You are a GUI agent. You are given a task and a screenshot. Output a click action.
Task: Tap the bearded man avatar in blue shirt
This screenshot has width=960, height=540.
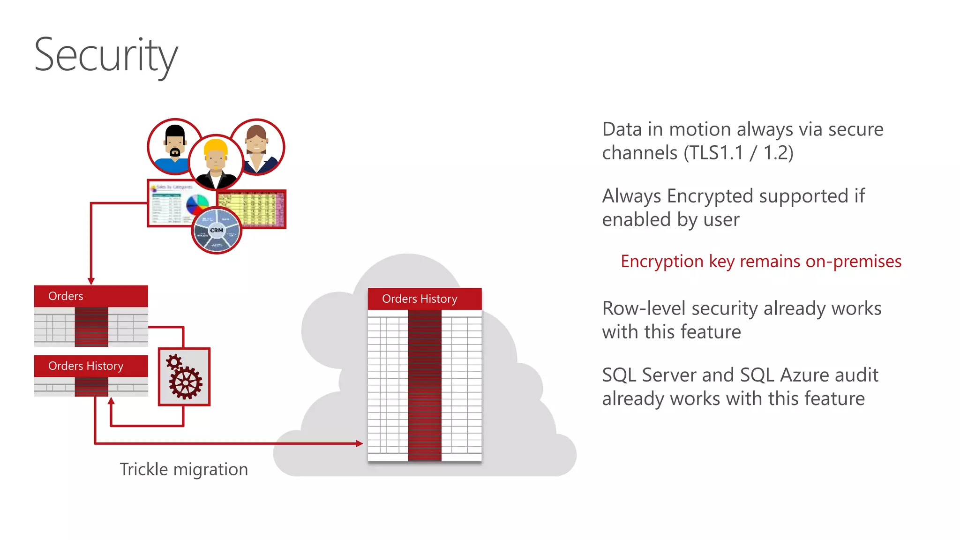click(x=174, y=146)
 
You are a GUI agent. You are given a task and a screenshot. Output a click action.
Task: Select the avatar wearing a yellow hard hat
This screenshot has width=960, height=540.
click(x=216, y=162)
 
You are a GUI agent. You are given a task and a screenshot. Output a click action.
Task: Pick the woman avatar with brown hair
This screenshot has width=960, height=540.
click(x=257, y=146)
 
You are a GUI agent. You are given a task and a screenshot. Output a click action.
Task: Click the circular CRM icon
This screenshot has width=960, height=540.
click(x=217, y=230)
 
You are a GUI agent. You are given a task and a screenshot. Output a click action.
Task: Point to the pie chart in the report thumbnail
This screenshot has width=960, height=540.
click(x=197, y=205)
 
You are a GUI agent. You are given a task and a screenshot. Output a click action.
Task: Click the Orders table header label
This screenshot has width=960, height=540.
click(x=66, y=296)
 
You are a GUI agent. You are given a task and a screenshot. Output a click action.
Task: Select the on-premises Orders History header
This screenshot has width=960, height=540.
click(x=86, y=366)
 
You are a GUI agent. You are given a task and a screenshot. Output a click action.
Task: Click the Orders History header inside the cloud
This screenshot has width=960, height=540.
click(x=420, y=299)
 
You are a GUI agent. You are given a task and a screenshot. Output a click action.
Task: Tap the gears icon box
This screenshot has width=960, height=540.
click(x=184, y=376)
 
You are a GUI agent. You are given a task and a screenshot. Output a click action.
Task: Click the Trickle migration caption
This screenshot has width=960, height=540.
click(x=184, y=469)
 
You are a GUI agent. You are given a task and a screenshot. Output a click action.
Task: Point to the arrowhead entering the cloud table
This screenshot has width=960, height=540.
click(x=360, y=443)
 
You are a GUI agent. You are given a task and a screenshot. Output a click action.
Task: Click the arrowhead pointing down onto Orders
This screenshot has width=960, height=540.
click(x=91, y=281)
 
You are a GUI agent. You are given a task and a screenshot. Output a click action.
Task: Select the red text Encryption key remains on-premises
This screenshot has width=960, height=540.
click(x=761, y=262)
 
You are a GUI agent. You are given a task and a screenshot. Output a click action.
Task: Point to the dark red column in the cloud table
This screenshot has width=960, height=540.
click(x=425, y=384)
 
